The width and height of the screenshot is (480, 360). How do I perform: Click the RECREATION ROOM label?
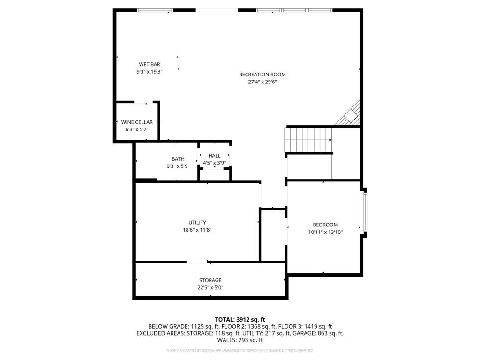pos(262,75)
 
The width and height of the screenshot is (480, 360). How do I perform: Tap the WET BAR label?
pos(149,64)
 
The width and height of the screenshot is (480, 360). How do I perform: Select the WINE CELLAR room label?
pos(137,122)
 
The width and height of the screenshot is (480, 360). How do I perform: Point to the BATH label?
pos(178,159)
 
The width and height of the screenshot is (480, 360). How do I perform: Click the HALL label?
pos(214,156)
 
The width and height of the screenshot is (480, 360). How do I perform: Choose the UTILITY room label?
pos(197,223)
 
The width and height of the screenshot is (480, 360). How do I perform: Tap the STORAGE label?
pos(210,280)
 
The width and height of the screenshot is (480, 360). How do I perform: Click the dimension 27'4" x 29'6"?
pos(262,82)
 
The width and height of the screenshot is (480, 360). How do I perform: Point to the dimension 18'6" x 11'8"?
pos(197,230)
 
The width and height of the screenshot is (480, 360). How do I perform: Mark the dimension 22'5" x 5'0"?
pos(210,288)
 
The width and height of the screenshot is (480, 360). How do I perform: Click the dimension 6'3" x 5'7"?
pos(137,129)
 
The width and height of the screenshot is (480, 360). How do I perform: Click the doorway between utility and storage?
pos(197,262)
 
